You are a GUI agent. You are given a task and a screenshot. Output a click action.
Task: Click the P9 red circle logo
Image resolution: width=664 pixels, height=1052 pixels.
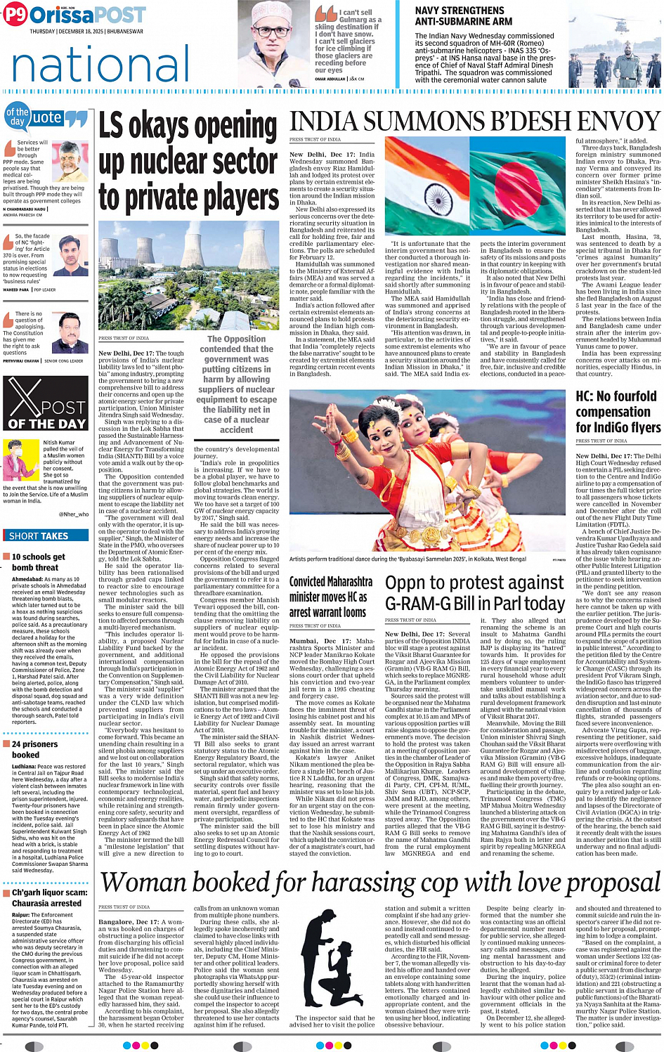pyautogui.click(x=14, y=15)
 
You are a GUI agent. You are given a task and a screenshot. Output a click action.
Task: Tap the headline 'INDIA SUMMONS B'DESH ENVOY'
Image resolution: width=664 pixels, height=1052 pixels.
pyautogui.click(x=474, y=122)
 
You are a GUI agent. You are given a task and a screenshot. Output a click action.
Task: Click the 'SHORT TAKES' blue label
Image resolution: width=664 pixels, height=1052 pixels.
pyautogui.click(x=39, y=535)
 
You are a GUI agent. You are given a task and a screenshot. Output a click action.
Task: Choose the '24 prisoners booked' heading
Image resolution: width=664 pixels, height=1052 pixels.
pyautogui.click(x=35, y=749)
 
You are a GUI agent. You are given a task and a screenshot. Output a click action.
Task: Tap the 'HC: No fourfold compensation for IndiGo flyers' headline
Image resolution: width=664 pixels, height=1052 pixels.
pyautogui.click(x=618, y=412)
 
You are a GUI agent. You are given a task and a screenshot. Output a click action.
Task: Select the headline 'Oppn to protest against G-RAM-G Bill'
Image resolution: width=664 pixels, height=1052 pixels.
pyautogui.click(x=475, y=593)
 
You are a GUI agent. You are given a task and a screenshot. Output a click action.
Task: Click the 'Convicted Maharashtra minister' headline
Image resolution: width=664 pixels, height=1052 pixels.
pyautogui.click(x=331, y=597)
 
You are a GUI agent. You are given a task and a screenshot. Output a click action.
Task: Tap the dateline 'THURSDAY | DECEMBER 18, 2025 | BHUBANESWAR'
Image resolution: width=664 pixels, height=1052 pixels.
pyautogui.click(x=86, y=32)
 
